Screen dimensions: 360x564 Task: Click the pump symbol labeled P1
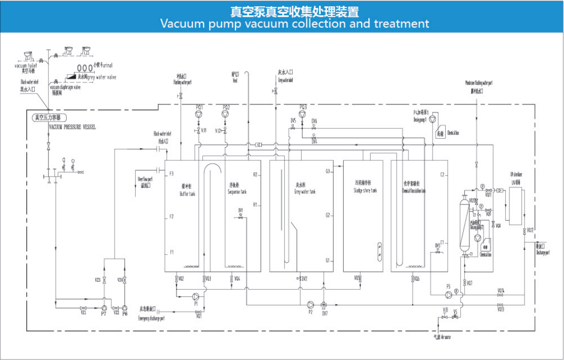196,296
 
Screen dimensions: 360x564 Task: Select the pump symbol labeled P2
310,304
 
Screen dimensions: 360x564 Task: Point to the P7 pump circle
104,307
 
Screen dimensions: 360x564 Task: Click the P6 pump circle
125,307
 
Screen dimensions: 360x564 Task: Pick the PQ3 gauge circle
302,114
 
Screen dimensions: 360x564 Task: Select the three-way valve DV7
324,305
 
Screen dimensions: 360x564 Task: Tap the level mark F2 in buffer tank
171,217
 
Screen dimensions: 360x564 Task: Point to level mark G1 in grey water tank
327,260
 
